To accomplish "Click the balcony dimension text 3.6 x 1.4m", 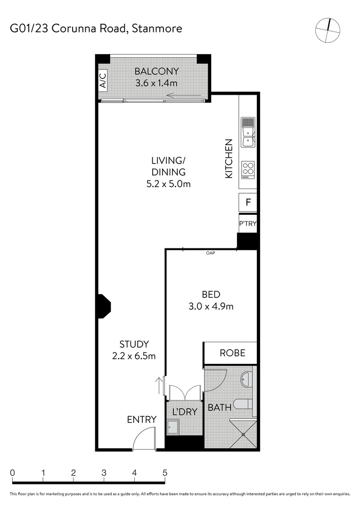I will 156,83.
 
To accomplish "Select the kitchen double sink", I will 248,131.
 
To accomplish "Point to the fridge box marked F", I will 248,204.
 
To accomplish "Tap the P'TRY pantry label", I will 248,223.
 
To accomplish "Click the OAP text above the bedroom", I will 211,254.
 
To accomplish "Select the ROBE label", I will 232,353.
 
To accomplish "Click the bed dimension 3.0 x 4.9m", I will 211,306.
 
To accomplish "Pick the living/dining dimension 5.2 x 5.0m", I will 168,184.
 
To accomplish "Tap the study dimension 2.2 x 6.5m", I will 134,356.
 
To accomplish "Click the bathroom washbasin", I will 247,378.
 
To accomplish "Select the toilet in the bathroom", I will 245,403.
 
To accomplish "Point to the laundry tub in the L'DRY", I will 172,427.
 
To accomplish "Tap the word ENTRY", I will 141,419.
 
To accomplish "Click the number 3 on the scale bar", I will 104,472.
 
